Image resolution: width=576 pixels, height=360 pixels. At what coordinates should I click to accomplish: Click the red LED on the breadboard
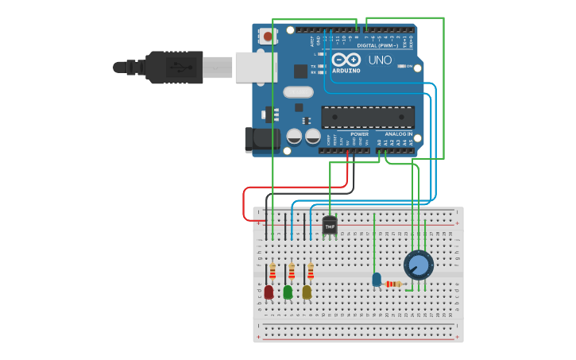point(269,292)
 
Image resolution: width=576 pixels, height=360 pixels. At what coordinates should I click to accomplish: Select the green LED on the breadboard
point(288,292)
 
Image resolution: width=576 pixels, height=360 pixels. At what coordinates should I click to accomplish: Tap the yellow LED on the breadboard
point(307,292)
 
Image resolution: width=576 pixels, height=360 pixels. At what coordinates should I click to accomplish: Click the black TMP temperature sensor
point(330,226)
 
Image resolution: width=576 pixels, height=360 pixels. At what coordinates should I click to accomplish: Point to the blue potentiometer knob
point(419,265)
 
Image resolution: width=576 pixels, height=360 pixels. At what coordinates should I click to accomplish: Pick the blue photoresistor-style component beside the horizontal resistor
point(377,280)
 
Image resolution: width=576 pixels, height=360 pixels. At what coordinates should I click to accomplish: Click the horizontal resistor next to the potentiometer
point(393,284)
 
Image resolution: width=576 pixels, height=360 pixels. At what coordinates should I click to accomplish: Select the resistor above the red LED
point(273,271)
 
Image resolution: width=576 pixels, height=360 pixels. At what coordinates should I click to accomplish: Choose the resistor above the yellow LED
point(311,271)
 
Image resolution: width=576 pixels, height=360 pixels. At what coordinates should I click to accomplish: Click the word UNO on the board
point(380,60)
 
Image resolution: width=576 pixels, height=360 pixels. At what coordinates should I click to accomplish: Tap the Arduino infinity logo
point(346,60)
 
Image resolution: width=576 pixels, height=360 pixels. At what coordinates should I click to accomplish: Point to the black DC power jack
point(261,140)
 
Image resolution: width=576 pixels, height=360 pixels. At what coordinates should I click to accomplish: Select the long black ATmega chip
point(368,117)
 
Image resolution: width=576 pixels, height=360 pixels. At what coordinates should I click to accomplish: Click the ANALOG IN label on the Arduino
point(399,134)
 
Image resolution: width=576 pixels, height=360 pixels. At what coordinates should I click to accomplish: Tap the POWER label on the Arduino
point(359,134)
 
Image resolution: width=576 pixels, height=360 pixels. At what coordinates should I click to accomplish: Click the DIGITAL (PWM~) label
point(378,45)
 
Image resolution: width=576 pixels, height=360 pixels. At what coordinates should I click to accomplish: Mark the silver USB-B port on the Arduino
point(255,68)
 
